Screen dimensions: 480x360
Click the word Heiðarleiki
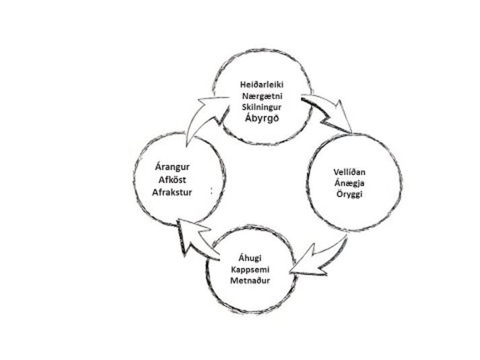[x=262, y=84]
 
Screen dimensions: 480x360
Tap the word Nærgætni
[x=263, y=96]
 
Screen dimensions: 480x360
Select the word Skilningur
[x=262, y=107]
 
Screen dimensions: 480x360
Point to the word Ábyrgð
[x=262, y=118]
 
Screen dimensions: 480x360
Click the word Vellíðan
[x=349, y=172]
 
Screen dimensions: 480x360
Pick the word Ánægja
[x=349, y=183]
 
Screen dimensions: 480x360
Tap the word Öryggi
[x=349, y=194]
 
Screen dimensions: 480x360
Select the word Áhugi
[x=250, y=258]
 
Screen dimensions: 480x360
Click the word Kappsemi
[x=250, y=270]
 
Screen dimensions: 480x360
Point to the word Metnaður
[x=250, y=281]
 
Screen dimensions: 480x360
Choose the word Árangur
[x=172, y=167]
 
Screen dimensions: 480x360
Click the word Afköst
[x=172, y=180]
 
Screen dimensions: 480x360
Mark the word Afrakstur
[x=172, y=192]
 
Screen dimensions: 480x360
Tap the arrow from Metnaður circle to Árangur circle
[x=196, y=239]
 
